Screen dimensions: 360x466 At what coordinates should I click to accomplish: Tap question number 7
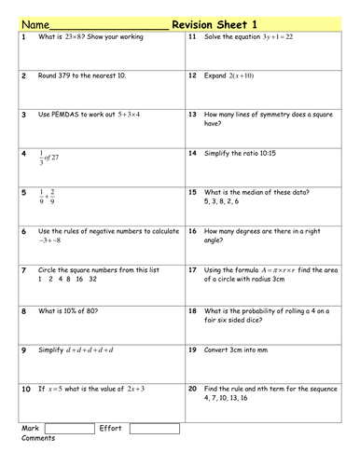point(23,270)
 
